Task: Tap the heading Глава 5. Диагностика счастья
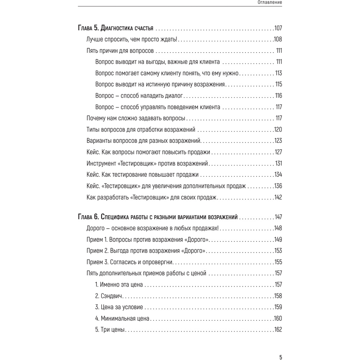(x=116, y=28)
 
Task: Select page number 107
(x=278, y=28)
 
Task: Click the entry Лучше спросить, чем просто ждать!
(x=132, y=39)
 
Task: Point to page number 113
(x=278, y=73)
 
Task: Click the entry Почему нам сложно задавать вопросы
(x=136, y=118)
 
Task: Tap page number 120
(x=278, y=129)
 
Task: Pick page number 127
(x=278, y=152)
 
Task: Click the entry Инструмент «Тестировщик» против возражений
(x=148, y=163)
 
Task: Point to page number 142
(x=278, y=197)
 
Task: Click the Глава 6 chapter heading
(x=158, y=217)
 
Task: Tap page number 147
(x=278, y=217)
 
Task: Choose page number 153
(x=278, y=251)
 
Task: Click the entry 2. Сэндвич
(x=109, y=296)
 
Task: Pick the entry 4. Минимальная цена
(x=122, y=319)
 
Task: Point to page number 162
(x=278, y=330)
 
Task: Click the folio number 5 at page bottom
(x=280, y=357)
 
